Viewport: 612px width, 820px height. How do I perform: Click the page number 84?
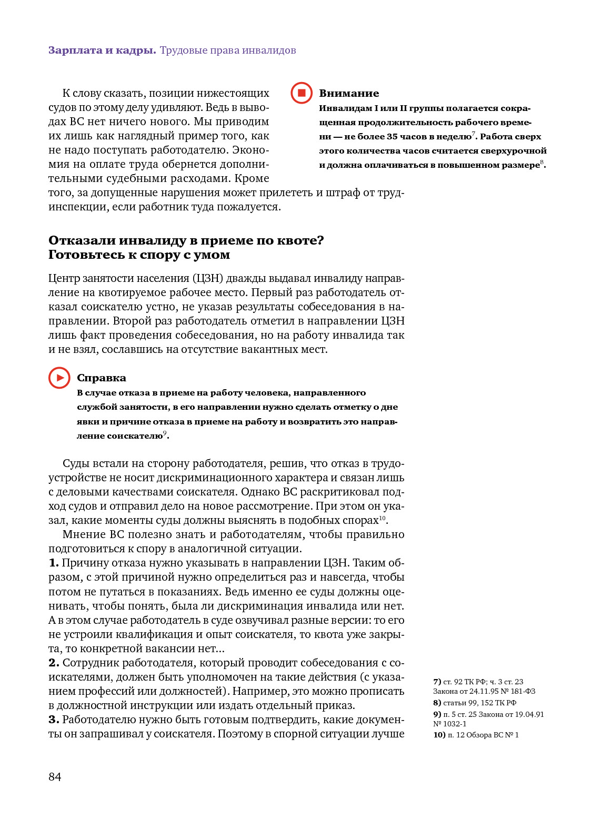click(55, 777)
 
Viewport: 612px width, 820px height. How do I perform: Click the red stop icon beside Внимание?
click(302, 93)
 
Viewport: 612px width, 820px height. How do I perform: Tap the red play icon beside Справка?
click(59, 378)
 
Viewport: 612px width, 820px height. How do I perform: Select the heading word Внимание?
click(349, 93)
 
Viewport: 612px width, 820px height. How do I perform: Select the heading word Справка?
click(102, 378)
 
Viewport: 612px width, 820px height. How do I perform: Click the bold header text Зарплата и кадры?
click(102, 50)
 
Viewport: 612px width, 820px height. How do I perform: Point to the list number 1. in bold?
click(54, 563)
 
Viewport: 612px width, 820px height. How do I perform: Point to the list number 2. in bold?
click(54, 663)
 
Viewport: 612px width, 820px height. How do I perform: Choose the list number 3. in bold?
click(54, 720)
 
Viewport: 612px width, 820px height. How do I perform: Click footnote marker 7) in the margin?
click(437, 682)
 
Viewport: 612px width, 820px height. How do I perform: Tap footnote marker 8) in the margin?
click(437, 703)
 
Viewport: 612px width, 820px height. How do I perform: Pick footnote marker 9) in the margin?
click(437, 714)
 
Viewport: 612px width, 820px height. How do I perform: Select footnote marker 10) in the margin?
click(439, 735)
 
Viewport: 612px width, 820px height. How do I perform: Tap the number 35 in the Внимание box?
click(392, 137)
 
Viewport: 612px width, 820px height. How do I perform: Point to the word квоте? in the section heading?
click(300, 240)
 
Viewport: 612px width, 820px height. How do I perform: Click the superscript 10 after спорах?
click(383, 518)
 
